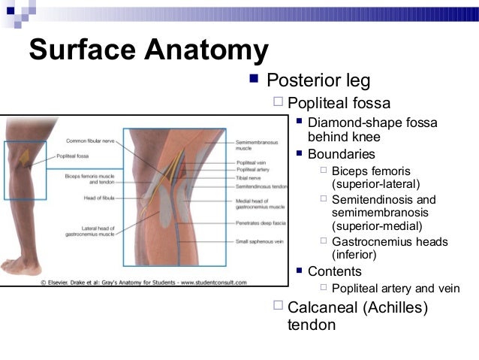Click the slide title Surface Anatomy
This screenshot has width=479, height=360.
tap(148, 50)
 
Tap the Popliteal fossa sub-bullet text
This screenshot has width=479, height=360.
tap(339, 103)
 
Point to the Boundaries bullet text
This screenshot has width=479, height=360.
tap(341, 154)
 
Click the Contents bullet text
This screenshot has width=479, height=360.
tap(334, 271)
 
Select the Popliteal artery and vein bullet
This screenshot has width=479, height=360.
tap(396, 289)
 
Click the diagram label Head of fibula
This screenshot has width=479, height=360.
tap(99, 198)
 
